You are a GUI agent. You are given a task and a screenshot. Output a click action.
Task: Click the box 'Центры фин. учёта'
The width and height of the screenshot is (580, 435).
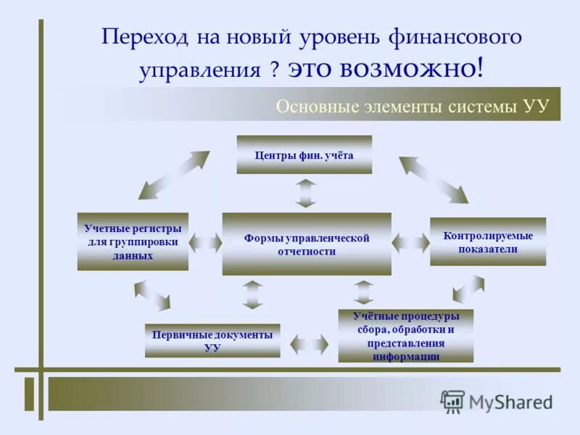click(304, 154)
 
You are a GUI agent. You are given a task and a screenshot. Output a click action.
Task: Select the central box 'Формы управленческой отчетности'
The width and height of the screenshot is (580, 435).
click(306, 244)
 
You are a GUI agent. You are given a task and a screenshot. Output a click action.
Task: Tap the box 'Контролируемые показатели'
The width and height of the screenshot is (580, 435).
click(487, 241)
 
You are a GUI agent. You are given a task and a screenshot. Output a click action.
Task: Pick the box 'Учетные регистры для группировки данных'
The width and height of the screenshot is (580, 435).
click(133, 241)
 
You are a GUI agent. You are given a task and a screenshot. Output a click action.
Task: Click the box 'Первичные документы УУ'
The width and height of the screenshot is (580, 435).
click(212, 340)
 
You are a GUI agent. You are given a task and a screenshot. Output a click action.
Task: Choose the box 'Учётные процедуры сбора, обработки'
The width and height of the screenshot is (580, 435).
click(405, 336)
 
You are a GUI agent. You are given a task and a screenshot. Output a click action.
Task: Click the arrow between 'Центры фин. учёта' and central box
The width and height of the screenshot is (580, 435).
click(306, 193)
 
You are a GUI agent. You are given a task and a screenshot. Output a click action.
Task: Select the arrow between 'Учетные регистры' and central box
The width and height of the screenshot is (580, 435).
click(205, 243)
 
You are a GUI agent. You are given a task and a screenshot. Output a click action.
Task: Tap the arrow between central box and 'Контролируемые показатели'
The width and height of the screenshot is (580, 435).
click(411, 242)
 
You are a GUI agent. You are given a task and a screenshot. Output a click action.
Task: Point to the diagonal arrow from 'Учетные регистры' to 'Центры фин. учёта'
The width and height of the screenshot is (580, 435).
click(174, 175)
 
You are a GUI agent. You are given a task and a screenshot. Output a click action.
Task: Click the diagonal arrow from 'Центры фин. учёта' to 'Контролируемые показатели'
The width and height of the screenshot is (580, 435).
click(434, 178)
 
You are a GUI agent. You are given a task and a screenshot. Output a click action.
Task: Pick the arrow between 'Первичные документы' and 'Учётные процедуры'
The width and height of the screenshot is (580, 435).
click(310, 343)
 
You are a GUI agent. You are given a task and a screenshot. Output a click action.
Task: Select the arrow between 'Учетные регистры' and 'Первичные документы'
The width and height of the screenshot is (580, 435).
click(152, 295)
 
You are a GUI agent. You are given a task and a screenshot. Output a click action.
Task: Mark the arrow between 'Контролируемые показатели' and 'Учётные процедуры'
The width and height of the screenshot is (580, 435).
click(468, 289)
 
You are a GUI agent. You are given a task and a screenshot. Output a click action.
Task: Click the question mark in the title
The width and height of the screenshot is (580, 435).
click(275, 70)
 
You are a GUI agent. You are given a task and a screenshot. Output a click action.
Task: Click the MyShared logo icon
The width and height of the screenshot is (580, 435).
click(452, 401)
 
